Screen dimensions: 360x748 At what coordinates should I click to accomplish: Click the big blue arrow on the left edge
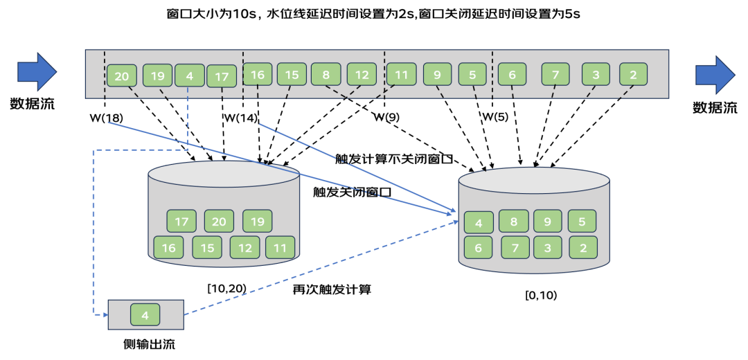coord(36,71)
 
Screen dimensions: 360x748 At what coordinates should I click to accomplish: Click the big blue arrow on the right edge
coord(715,75)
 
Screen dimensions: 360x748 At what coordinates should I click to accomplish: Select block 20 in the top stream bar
coord(122,76)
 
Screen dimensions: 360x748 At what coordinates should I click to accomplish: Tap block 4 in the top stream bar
coord(190,75)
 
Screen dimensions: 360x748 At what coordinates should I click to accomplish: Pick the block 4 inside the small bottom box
coord(145,315)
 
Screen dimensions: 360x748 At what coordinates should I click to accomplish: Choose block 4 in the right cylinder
coord(479,223)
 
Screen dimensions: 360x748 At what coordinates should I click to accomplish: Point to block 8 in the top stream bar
coord(326,74)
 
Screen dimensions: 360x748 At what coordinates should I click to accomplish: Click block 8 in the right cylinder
coord(514,222)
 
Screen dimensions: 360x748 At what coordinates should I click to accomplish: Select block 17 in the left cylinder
coord(181,222)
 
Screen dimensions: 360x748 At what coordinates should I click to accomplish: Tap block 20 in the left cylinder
coord(219,222)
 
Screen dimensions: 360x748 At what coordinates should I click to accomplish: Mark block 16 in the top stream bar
coord(257,75)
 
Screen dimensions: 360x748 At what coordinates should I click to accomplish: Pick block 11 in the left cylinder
coord(280,247)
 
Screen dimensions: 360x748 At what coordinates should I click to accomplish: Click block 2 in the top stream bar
coord(633,74)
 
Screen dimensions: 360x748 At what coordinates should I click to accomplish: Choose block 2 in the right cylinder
coord(582,247)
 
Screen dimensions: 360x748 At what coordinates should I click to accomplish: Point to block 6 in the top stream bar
coord(512,74)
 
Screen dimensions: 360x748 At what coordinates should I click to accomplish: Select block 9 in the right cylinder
coord(548,222)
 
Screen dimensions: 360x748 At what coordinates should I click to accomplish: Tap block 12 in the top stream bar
coord(362,74)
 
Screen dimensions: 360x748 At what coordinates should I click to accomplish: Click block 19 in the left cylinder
coord(257,222)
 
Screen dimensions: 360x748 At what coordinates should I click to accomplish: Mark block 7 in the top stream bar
coord(555,74)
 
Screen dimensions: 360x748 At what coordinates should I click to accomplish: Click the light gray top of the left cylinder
coord(223,174)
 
